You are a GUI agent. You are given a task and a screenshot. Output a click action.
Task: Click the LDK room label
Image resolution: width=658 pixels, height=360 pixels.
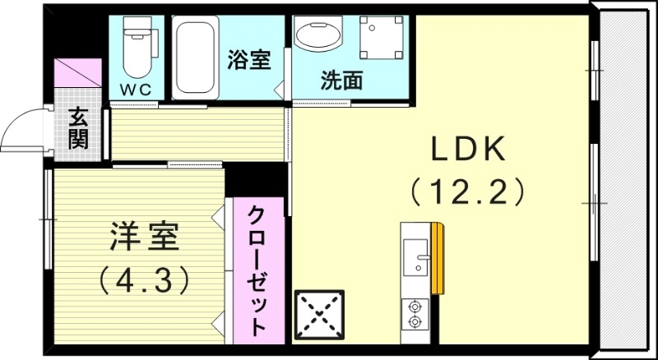tap(467, 150)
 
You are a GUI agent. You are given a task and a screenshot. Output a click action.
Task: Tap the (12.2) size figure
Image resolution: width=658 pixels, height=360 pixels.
tap(467, 192)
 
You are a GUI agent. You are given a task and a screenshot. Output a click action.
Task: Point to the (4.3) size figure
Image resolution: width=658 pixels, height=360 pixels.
tap(144, 280)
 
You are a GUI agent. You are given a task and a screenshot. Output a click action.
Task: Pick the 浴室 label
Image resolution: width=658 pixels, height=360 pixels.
tap(248, 60)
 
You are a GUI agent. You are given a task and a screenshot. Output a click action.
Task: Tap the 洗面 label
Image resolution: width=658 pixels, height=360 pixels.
tap(341, 81)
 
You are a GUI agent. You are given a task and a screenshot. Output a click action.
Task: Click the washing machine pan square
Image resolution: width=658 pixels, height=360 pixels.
tap(384, 40)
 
